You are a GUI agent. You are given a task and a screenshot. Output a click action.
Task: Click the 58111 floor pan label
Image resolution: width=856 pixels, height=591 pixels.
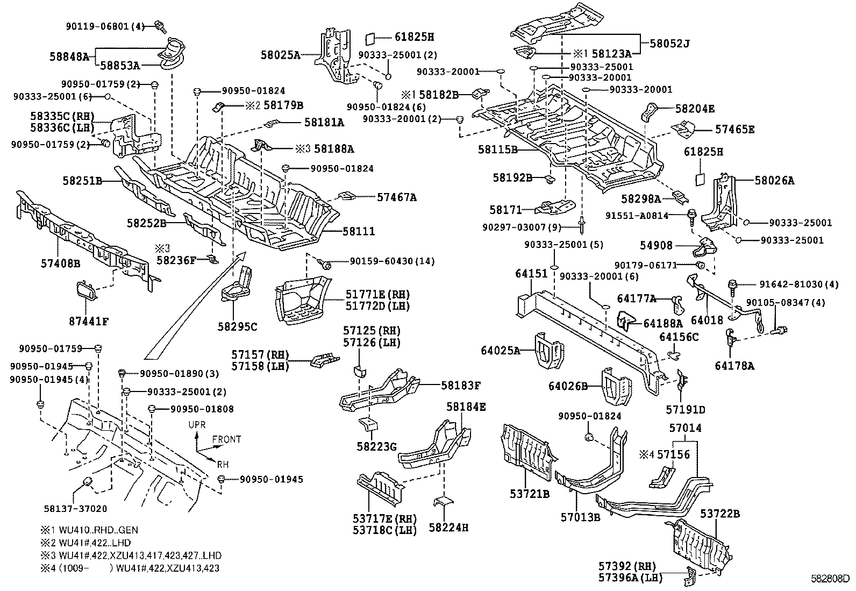[x=359, y=232]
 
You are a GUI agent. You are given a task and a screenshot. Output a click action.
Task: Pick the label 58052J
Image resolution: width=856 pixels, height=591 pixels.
[x=669, y=43]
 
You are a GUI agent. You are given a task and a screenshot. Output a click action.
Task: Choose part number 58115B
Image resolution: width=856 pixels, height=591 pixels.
[x=497, y=150]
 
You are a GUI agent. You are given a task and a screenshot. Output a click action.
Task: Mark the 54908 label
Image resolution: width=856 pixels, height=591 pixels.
[x=656, y=245]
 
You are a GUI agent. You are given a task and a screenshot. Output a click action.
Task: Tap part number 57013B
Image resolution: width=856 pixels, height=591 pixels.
[x=580, y=517]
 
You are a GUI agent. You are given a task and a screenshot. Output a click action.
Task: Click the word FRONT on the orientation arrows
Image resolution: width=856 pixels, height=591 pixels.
[x=226, y=439]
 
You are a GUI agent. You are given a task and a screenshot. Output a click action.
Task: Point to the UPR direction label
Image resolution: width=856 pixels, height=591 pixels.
[x=197, y=425]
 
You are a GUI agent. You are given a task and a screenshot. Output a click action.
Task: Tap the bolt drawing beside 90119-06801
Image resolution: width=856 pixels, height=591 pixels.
[x=159, y=25]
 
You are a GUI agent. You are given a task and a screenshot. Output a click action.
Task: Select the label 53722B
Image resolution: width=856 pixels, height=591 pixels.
[x=719, y=514]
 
